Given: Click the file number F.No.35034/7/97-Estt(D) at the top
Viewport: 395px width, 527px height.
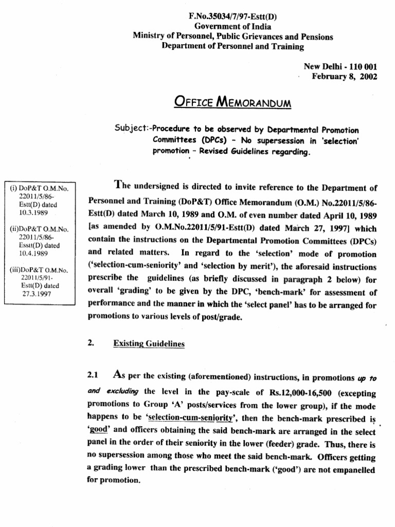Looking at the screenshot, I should (x=233, y=16).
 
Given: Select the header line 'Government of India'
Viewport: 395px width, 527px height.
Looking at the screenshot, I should (x=232, y=26).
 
